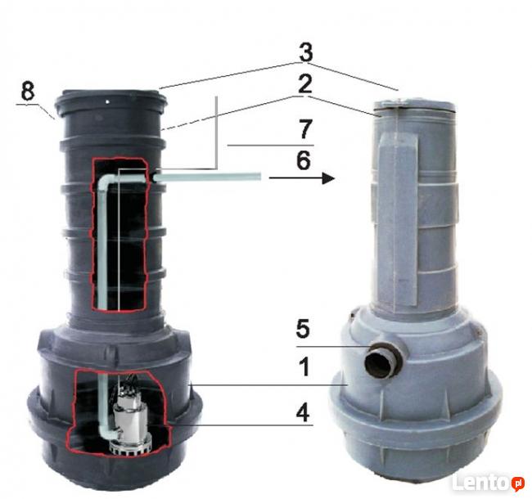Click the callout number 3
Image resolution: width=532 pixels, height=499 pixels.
click(x=306, y=52)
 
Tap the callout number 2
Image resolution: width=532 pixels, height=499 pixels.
click(x=305, y=84)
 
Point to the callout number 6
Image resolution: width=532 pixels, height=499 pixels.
click(x=304, y=160)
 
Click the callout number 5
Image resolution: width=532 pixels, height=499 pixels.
click(x=303, y=329)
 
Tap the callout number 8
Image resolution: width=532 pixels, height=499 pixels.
click(x=28, y=91)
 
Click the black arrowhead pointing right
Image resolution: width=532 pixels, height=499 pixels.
click(x=328, y=178)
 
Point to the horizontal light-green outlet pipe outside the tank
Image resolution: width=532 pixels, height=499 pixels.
click(x=208, y=178)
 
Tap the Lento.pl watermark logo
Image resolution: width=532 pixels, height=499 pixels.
click(x=488, y=483)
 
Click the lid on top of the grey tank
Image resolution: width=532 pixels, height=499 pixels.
click(x=414, y=105)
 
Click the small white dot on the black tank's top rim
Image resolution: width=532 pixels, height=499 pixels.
click(x=107, y=101)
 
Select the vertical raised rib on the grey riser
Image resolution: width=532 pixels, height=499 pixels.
click(x=398, y=220)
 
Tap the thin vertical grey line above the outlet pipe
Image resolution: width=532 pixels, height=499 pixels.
click(x=216, y=133)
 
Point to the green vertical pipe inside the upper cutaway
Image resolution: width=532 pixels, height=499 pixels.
click(x=102, y=244)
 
